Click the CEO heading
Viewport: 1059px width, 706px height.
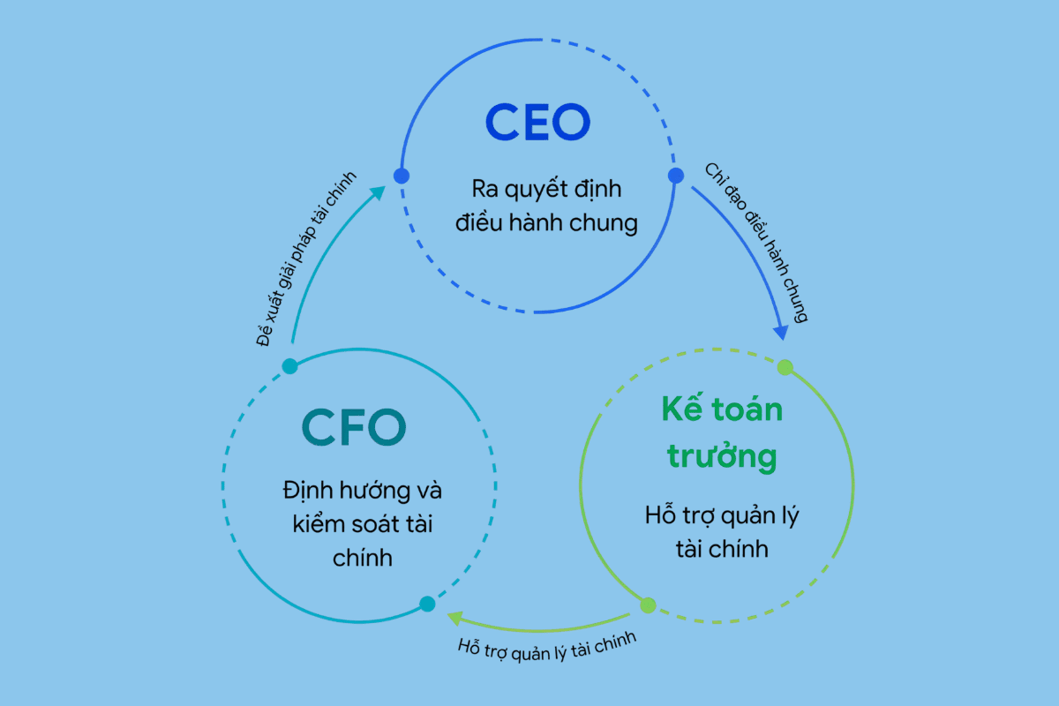(537, 123)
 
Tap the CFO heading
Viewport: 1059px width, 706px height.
(354, 427)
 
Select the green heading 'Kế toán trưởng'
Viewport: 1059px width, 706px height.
(722, 432)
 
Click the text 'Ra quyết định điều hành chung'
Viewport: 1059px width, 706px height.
(546, 206)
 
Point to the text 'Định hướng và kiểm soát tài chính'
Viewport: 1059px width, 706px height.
(362, 522)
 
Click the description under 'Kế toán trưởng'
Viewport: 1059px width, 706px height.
(722, 532)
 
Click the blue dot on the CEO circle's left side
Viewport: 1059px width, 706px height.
(402, 176)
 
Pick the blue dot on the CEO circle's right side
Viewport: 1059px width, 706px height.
(676, 176)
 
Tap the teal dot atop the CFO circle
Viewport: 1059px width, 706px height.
(289, 366)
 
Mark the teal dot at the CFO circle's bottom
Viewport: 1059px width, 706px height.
(427, 605)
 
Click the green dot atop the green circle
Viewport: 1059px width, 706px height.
(785, 367)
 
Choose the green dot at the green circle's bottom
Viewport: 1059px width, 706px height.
(648, 605)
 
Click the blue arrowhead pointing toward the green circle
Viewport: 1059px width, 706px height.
(781, 331)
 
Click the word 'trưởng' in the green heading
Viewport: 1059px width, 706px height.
(722, 456)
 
